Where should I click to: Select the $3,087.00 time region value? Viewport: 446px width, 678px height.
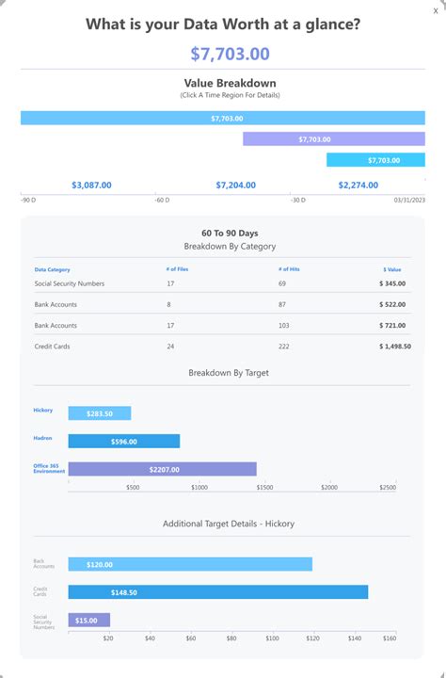click(x=91, y=186)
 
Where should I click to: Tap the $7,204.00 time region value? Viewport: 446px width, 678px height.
click(x=235, y=186)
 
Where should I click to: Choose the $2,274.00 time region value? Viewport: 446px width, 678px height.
click(x=358, y=186)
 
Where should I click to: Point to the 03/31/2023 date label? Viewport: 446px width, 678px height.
click(x=409, y=200)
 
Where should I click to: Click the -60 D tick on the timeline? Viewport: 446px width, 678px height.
click(x=163, y=200)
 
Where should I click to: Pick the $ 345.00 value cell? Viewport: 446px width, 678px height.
click(x=392, y=283)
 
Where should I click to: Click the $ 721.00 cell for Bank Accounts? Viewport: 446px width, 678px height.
click(x=392, y=326)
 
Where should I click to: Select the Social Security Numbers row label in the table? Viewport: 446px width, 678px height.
click(x=70, y=283)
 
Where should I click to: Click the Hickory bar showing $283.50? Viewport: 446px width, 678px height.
click(x=100, y=413)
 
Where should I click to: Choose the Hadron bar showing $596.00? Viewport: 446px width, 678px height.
click(x=124, y=441)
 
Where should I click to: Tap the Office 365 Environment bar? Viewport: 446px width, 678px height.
click(x=163, y=469)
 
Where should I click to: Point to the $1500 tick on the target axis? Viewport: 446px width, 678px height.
click(x=264, y=488)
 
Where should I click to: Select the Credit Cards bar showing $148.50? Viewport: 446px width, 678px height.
click(x=218, y=592)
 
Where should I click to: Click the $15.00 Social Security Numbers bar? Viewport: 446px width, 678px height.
click(x=89, y=620)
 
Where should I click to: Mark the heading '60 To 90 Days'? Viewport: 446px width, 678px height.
click(x=230, y=233)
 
